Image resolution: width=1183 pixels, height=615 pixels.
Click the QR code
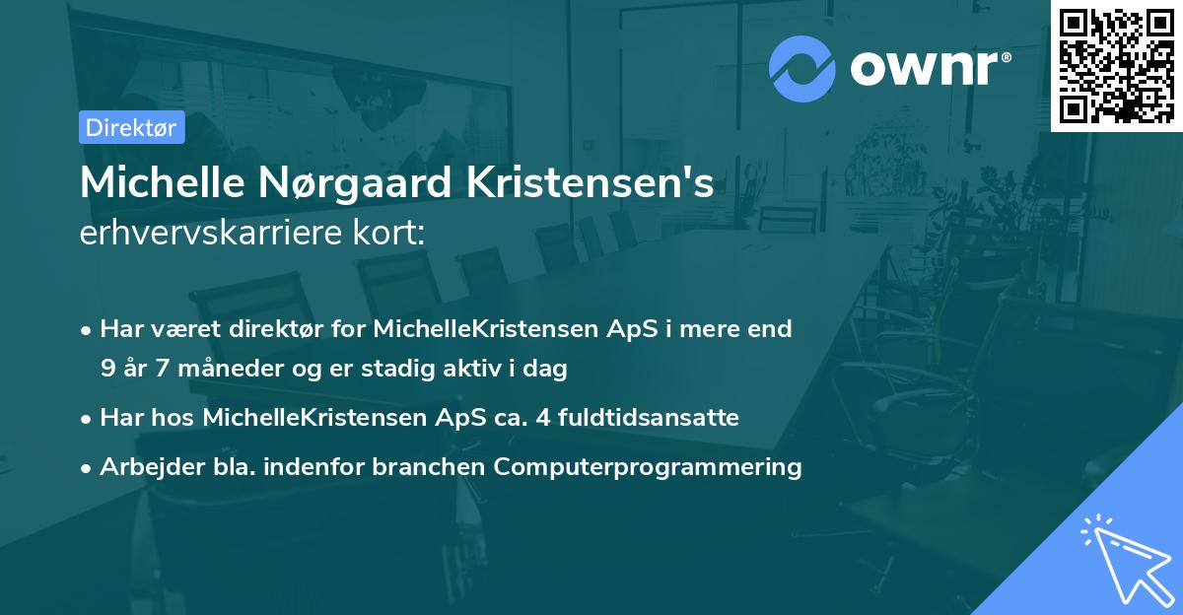1117,66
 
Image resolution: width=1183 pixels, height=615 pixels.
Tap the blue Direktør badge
131,127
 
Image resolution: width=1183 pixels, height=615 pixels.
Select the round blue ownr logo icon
802,68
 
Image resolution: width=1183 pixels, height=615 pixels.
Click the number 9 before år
107,370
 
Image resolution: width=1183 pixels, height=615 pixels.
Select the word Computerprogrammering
648,467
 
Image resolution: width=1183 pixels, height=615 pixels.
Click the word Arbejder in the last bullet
145,467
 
